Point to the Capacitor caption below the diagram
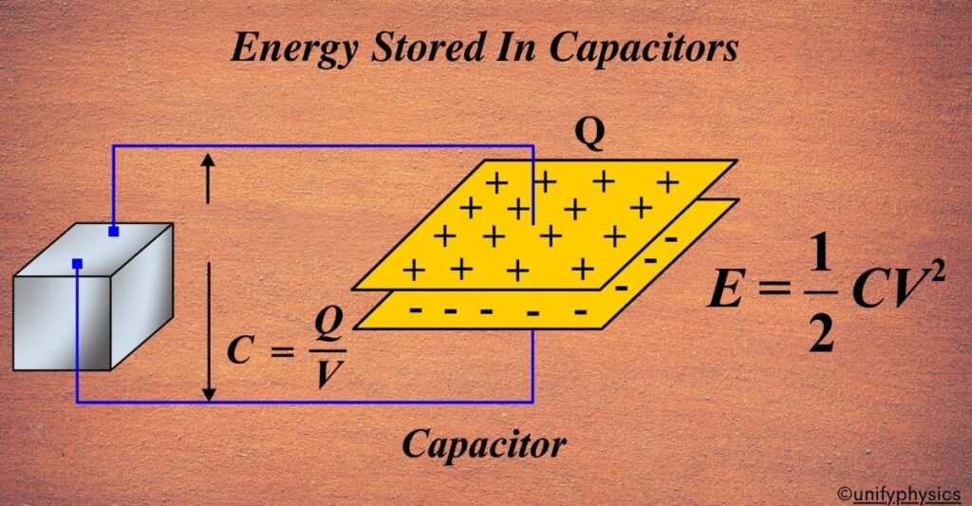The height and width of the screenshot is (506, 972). pyautogui.click(x=484, y=443)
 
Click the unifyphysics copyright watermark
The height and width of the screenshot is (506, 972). pyautogui.click(x=900, y=494)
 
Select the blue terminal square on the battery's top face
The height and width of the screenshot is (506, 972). pyautogui.click(x=113, y=232)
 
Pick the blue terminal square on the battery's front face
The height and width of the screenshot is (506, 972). pyautogui.click(x=77, y=263)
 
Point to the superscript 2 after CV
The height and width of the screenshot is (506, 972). pyautogui.click(x=935, y=268)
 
